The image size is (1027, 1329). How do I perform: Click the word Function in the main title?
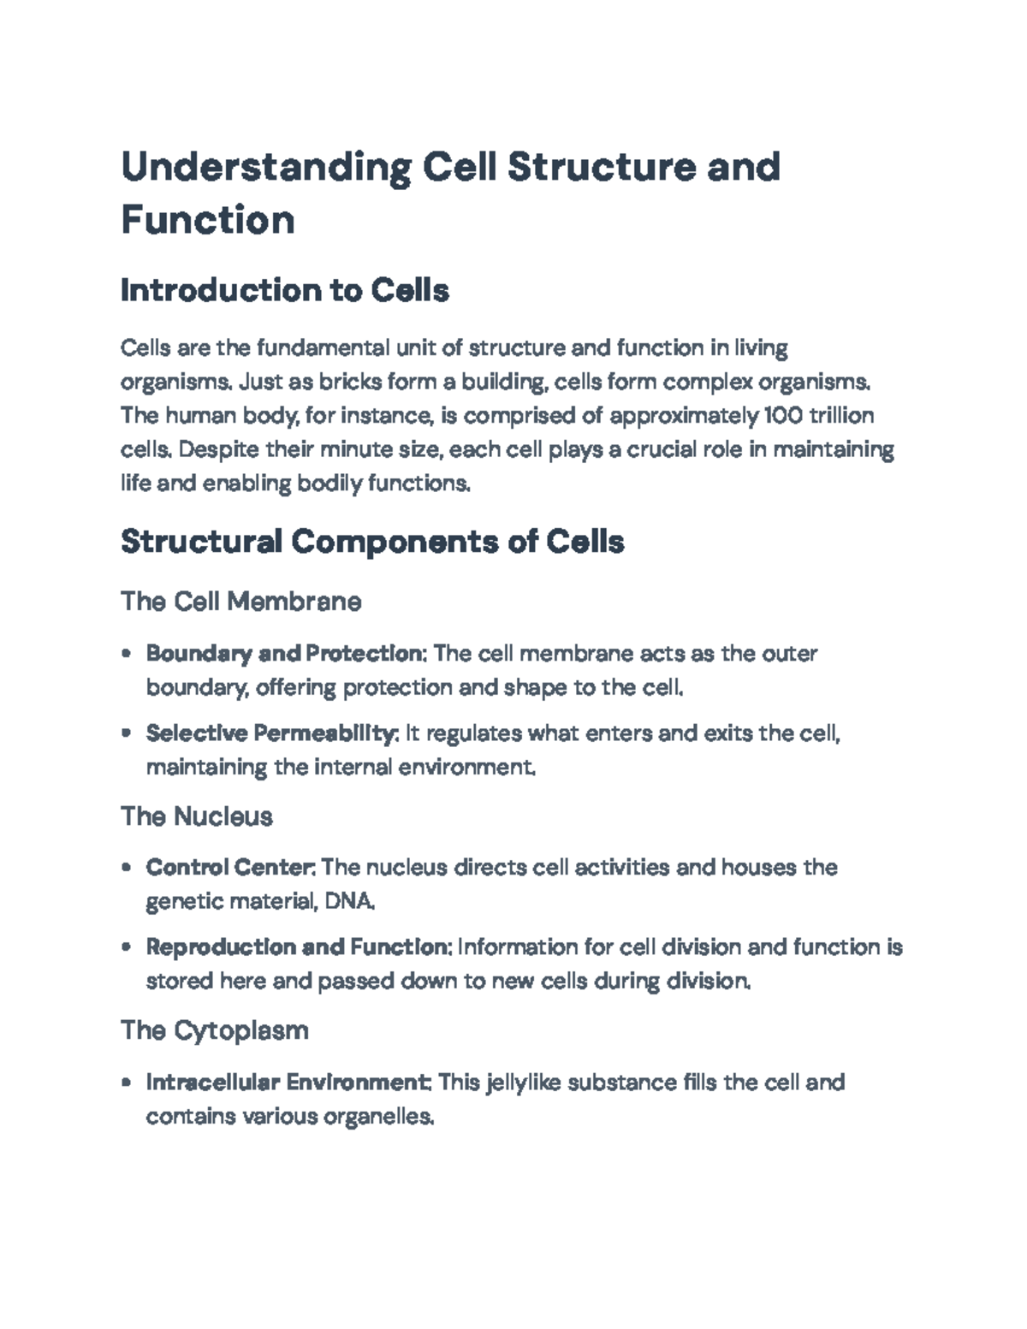(x=208, y=220)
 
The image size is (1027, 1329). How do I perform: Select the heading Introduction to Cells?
(x=285, y=291)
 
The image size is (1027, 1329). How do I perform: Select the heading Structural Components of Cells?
(x=372, y=542)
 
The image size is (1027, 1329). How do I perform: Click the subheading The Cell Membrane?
(x=241, y=602)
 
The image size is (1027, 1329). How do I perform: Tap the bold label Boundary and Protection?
(x=286, y=654)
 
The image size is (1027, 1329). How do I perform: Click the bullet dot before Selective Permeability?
(x=127, y=733)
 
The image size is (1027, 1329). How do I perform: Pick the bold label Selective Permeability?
(x=272, y=733)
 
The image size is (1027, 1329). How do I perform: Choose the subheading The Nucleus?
(x=197, y=816)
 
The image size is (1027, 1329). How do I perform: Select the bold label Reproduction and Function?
(x=299, y=947)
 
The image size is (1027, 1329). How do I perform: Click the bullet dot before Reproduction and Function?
(x=127, y=947)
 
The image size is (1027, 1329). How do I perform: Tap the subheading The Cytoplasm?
(x=215, y=1030)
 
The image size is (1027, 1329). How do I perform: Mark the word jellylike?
(x=523, y=1083)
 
